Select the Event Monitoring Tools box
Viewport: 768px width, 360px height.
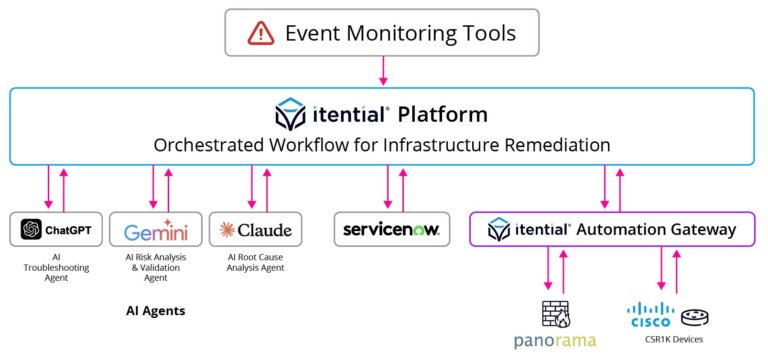pos(381,33)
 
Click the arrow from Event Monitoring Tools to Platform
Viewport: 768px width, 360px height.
pos(381,71)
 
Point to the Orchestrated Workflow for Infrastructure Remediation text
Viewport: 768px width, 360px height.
pos(381,145)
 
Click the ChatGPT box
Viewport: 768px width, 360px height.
pos(56,230)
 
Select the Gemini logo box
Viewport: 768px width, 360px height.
pos(155,231)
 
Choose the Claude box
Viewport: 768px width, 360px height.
pos(255,230)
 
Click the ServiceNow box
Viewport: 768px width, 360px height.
pos(392,230)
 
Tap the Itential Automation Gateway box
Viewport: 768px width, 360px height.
pos(612,230)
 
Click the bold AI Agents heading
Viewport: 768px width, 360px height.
pos(155,311)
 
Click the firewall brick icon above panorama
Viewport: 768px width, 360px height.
pos(554,312)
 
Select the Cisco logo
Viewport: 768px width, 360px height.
pos(651,316)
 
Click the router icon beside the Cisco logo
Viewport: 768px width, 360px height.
pos(696,317)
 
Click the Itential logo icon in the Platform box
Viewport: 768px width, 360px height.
pos(292,114)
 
